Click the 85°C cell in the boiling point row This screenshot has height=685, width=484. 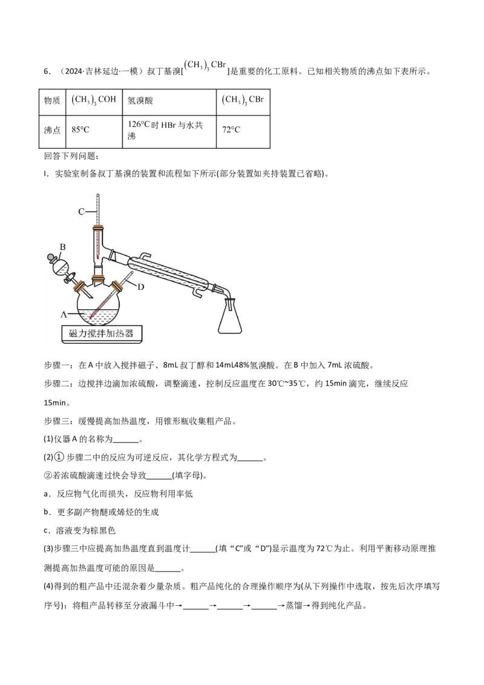[80, 129]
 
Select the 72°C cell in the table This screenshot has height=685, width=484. [231, 129]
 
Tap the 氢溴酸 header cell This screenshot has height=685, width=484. [140, 100]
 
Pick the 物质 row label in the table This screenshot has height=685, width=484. [52, 100]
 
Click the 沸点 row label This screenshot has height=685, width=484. [52, 129]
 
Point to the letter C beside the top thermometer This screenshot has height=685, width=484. [81, 212]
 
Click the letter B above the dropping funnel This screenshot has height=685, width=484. [62, 247]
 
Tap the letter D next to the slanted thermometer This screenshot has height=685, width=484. [140, 287]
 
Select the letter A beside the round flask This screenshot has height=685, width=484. [64, 315]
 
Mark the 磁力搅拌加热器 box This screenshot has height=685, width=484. [101, 334]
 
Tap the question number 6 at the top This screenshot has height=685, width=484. [47, 72]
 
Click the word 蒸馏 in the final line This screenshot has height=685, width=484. [293, 606]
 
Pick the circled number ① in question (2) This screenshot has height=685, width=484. [59, 457]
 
